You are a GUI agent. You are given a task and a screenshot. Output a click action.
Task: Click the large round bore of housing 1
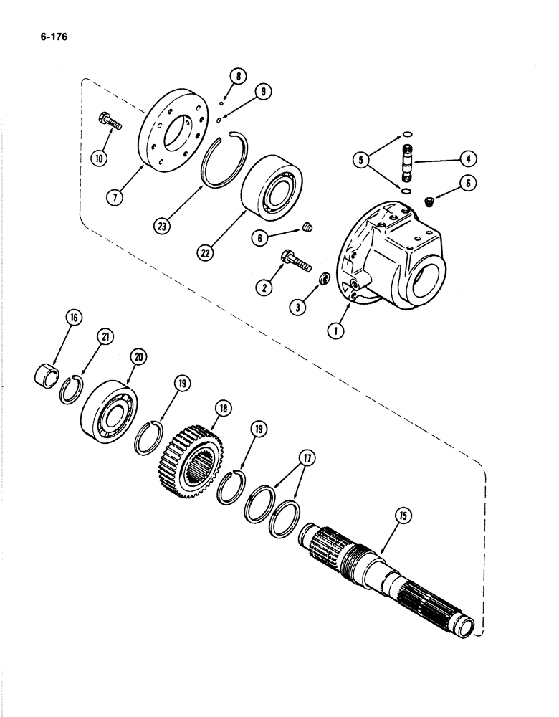coord(435,273)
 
